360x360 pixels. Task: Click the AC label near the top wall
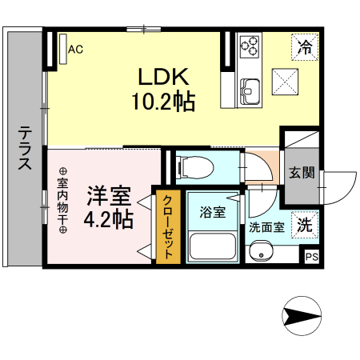pyautogui.click(x=76, y=50)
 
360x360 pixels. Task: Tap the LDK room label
pyautogui.click(x=163, y=78)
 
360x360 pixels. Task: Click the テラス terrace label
pyautogui.click(x=25, y=149)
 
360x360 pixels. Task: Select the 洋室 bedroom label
pyautogui.click(x=109, y=194)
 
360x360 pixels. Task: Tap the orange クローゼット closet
pyautogui.click(x=168, y=228)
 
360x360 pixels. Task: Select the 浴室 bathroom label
pyautogui.click(x=212, y=213)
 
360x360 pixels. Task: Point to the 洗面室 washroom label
pyautogui.click(x=266, y=226)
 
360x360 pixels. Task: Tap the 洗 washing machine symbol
pyautogui.click(x=304, y=225)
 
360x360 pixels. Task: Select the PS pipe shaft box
pyautogui.click(x=311, y=257)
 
